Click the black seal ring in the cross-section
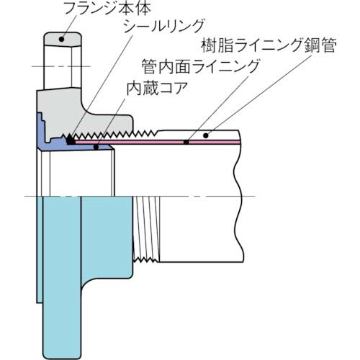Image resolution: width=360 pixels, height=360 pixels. pos(70,142)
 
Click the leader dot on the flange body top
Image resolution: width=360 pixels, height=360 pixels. pos(60,40)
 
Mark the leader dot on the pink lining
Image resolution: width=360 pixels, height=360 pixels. pos(186,143)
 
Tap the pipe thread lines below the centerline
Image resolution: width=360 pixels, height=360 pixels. pos(144,230)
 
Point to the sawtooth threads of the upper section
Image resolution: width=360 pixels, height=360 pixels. pos(122,134)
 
